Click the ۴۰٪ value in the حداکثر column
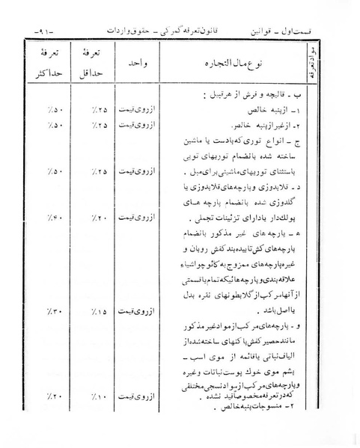(45, 218)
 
